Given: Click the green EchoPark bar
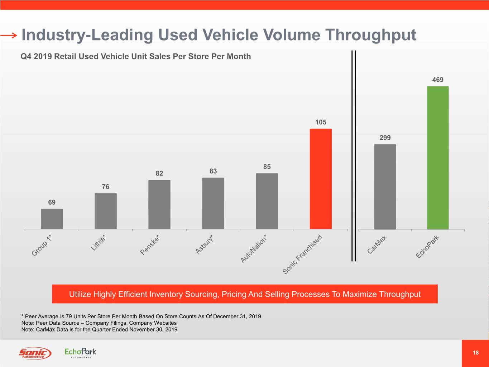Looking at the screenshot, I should pyautogui.click(x=438, y=158).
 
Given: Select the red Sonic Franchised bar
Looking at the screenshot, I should pyautogui.click(x=321, y=179).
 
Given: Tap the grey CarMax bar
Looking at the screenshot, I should pyautogui.click(x=385, y=187).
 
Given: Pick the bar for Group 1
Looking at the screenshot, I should pyautogui.click(x=52, y=219).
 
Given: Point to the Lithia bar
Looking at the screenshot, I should pyautogui.click(x=106, y=211).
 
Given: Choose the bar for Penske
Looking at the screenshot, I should pyautogui.click(x=159, y=205).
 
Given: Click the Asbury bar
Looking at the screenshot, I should pyautogui.click(x=213, y=203).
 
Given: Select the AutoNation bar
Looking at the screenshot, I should pyautogui.click(x=267, y=201).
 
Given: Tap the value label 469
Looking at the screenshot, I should pyautogui.click(x=438, y=80).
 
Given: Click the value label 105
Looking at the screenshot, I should pyautogui.click(x=321, y=122).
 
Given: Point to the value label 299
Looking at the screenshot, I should pyautogui.click(x=385, y=138).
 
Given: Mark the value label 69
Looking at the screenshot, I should pyautogui.click(x=52, y=202).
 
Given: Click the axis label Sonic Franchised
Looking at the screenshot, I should pyautogui.click(x=302, y=255).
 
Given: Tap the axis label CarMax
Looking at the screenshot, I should pyautogui.click(x=377, y=244).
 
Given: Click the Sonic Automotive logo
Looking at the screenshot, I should pyautogui.click(x=35, y=353).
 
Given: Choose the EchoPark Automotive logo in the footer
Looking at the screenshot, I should pyautogui.click(x=81, y=352).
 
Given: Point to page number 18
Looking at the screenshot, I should pyautogui.click(x=475, y=353).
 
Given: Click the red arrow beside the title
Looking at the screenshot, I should pyautogui.click(x=9, y=35).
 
